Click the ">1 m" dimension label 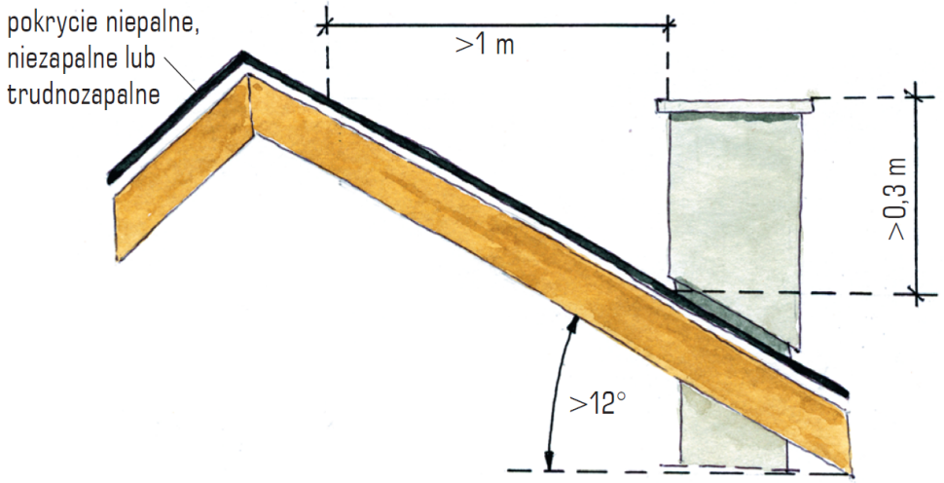[485, 45]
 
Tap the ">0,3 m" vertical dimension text [897, 198]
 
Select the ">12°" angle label [595, 404]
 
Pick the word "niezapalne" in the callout [60, 60]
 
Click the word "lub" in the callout [138, 58]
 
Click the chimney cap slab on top [735, 106]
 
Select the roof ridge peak [242, 56]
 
